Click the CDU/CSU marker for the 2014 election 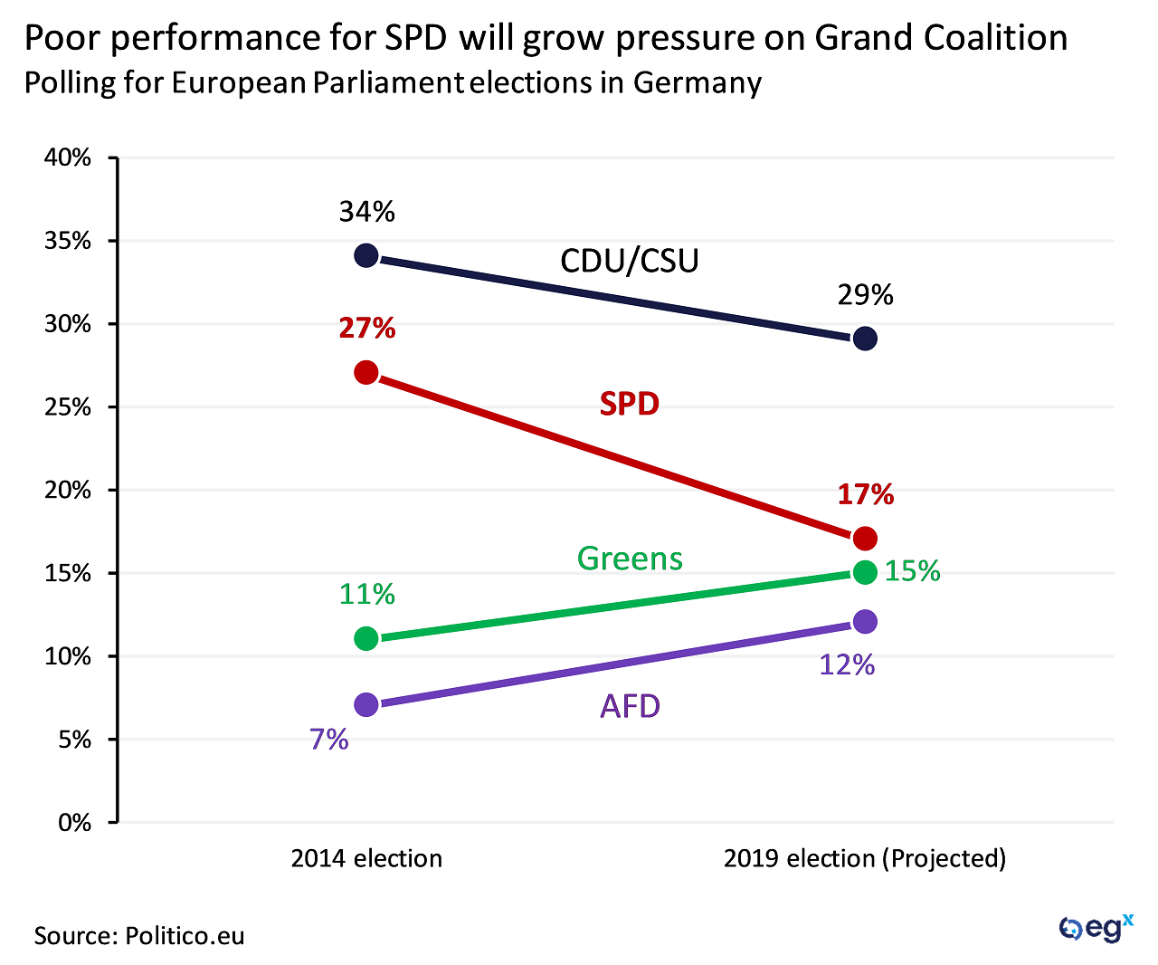click(366, 255)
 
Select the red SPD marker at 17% click(865, 539)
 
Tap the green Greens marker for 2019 click(865, 572)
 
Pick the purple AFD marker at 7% click(366, 705)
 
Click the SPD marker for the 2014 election click(366, 372)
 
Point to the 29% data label click(865, 295)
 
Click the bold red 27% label click(366, 328)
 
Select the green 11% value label click(366, 594)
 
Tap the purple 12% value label click(847, 665)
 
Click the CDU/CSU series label click(630, 261)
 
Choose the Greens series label click(630, 559)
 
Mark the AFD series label click(630, 706)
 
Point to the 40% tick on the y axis click(69, 158)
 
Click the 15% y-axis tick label click(69, 573)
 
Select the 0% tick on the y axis click(74, 823)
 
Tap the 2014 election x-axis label click(366, 858)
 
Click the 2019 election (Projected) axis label click(865, 858)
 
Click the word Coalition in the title click(995, 38)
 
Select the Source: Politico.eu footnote click(139, 935)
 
